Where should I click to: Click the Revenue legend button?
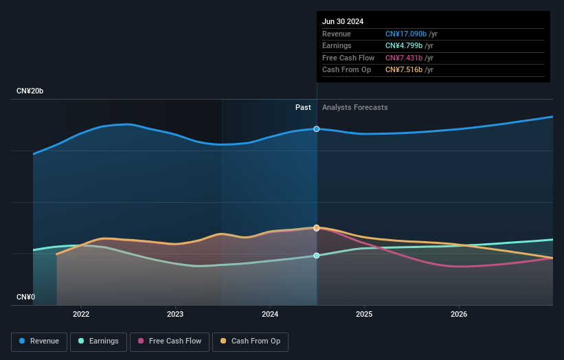click(39, 341)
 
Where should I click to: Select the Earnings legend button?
click(98, 341)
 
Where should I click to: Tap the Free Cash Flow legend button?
click(168, 341)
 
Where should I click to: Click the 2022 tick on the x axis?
click(81, 314)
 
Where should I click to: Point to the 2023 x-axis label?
click(175, 314)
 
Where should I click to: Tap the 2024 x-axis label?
click(270, 314)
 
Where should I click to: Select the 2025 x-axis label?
click(364, 314)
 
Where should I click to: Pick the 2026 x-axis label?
click(459, 314)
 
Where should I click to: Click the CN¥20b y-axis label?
click(30, 91)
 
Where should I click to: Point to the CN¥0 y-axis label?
click(26, 297)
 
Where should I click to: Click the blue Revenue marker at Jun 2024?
click(317, 128)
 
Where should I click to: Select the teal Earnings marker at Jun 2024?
click(317, 256)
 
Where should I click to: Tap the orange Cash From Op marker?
click(317, 227)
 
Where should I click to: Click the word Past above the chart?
click(303, 108)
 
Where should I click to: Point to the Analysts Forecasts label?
click(354, 108)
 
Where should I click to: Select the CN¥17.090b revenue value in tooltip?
click(405, 34)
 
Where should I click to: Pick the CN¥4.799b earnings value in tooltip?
click(404, 46)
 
